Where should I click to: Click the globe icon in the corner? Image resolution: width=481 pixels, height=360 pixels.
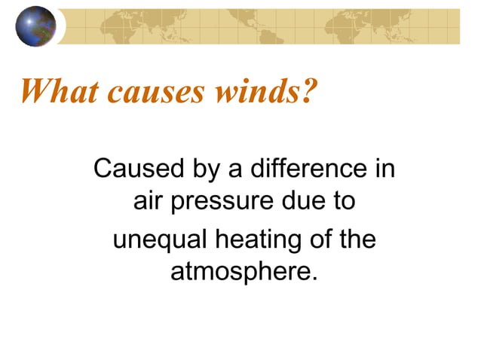click(x=35, y=26)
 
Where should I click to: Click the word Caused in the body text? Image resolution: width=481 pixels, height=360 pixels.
click(x=128, y=169)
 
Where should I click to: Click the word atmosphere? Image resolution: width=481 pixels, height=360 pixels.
click(x=237, y=271)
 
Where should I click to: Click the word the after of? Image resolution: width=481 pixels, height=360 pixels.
click(x=355, y=240)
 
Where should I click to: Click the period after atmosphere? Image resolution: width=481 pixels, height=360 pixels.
click(x=307, y=276)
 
